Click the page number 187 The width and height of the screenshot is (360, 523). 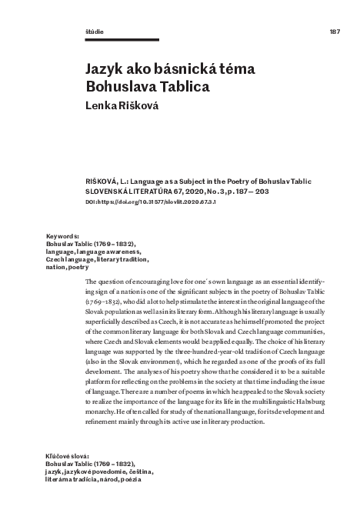(x=334, y=32)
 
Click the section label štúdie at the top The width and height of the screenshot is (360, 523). (x=93, y=32)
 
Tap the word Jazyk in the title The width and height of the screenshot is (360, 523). (x=105, y=69)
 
